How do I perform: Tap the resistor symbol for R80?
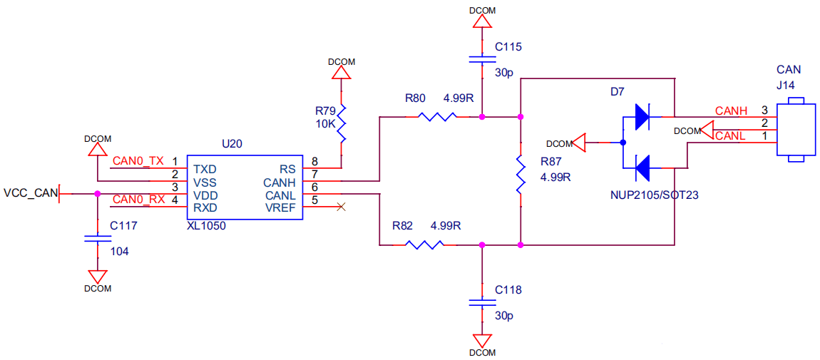tap(438, 116)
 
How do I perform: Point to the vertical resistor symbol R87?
tap(521, 174)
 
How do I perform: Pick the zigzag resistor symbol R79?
tap(342, 123)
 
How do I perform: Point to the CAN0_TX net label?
tap(138, 161)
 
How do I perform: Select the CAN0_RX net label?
tap(139, 199)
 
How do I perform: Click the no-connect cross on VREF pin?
tap(341, 207)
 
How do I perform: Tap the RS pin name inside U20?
tap(288, 169)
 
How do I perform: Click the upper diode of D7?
tap(642, 116)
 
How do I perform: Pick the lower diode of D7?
tap(642, 168)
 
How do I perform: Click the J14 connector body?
tap(796, 129)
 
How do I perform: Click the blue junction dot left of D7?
tap(622, 142)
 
